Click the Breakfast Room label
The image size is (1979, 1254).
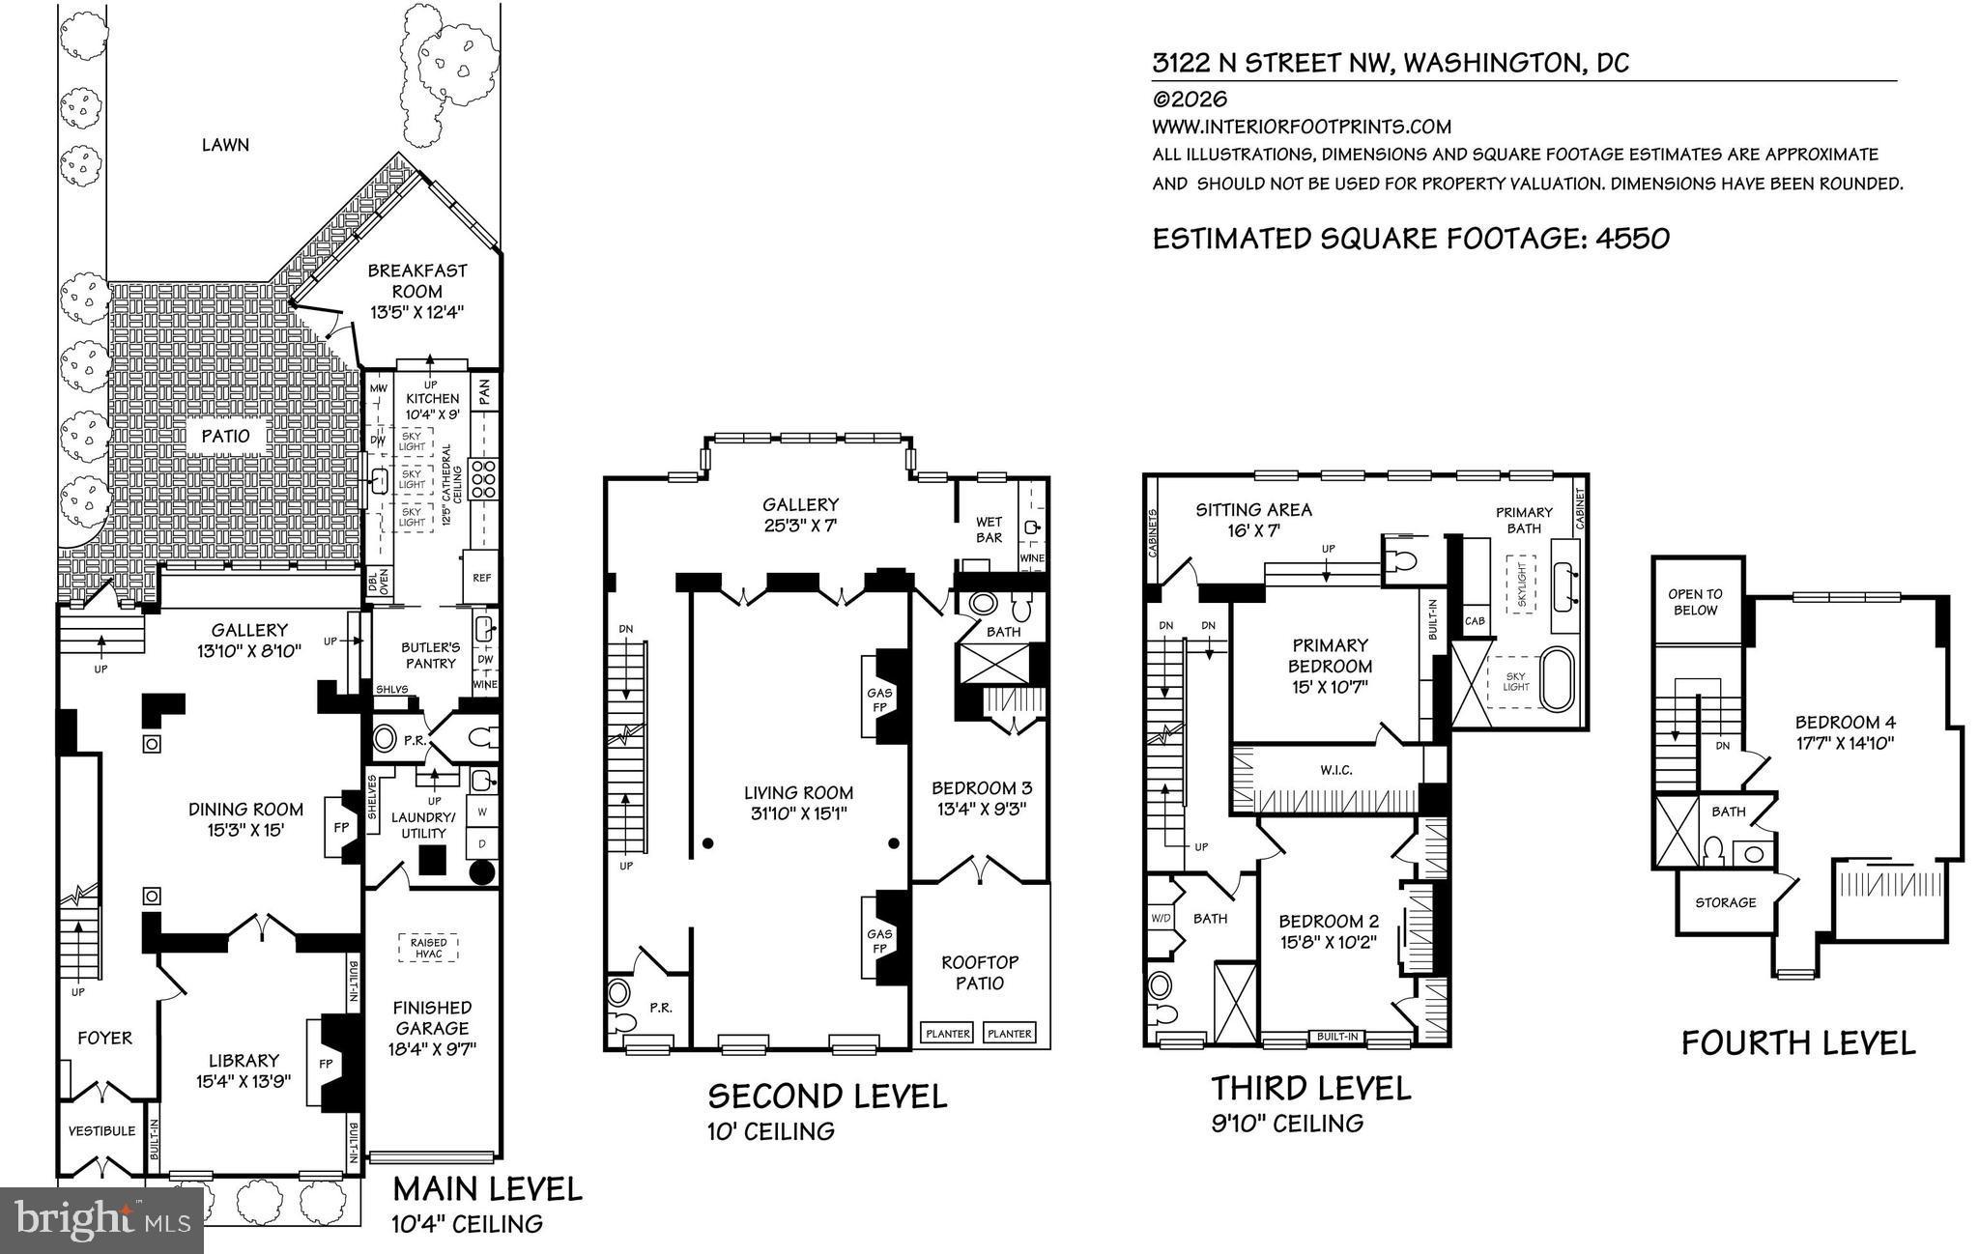(417, 281)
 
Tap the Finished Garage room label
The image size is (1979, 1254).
(432, 1017)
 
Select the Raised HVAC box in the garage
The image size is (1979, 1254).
(428, 948)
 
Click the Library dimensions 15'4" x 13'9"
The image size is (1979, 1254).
(244, 1081)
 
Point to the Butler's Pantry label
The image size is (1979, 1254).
(430, 654)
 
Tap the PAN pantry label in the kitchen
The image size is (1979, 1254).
(485, 391)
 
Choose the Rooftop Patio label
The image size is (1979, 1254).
(980, 972)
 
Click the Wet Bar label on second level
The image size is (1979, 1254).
(989, 529)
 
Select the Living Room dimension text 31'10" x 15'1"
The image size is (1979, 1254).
(798, 813)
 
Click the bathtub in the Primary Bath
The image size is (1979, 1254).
(1555, 682)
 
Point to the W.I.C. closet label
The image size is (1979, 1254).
(1335, 770)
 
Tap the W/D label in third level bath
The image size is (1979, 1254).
(1161, 918)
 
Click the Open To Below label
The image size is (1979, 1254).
(1695, 602)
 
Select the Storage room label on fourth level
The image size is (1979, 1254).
(1725, 902)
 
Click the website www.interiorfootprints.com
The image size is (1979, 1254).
(1301, 127)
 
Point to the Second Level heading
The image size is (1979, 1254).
(827, 1096)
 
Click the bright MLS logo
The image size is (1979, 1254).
(101, 1219)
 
